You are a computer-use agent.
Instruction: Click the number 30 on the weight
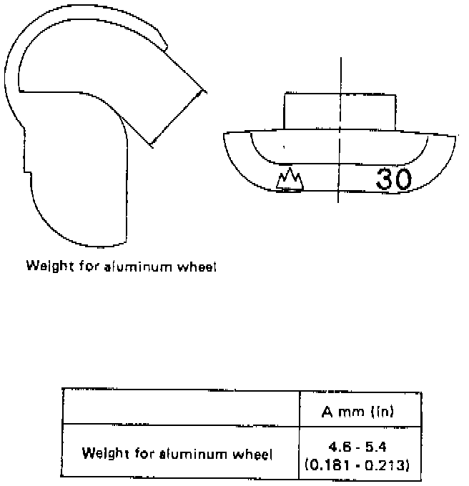coord(394,180)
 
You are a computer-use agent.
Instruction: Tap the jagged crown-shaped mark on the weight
coord(290,181)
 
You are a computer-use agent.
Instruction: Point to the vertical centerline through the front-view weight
coord(340,71)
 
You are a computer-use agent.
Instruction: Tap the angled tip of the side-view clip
coord(202,91)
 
